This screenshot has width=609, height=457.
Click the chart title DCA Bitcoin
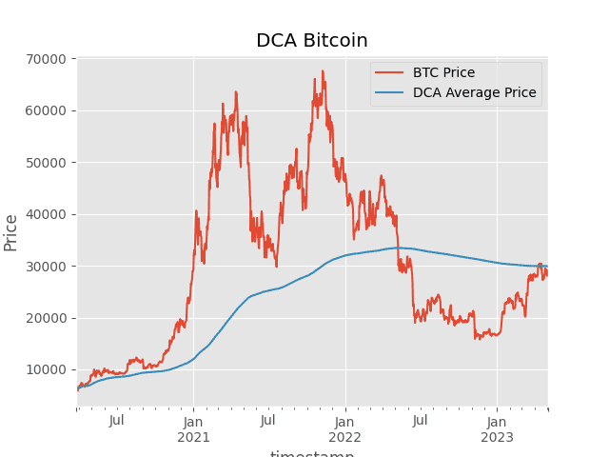click(311, 41)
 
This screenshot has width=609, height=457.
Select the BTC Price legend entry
click(443, 73)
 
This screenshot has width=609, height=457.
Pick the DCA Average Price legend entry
click(474, 93)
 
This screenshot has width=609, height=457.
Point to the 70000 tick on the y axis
click(45, 59)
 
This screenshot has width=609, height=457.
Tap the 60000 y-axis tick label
click(45, 110)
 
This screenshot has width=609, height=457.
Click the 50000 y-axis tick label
click(45, 163)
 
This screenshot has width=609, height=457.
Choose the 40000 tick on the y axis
click(45, 214)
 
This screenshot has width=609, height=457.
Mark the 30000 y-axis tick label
click(45, 267)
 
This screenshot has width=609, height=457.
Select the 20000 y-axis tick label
click(45, 318)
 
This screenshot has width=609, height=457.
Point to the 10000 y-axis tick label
click(45, 370)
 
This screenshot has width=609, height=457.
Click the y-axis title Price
click(11, 232)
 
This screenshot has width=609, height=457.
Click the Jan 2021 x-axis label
click(193, 429)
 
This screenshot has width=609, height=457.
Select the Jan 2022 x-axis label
click(344, 429)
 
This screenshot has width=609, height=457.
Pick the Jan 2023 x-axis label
click(497, 429)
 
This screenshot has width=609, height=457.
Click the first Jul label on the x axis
click(116, 421)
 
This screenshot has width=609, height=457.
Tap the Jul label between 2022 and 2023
click(420, 421)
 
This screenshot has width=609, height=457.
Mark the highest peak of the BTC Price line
click(323, 70)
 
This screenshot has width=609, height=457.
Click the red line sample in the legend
click(391, 73)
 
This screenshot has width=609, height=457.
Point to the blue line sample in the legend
click(391, 93)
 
